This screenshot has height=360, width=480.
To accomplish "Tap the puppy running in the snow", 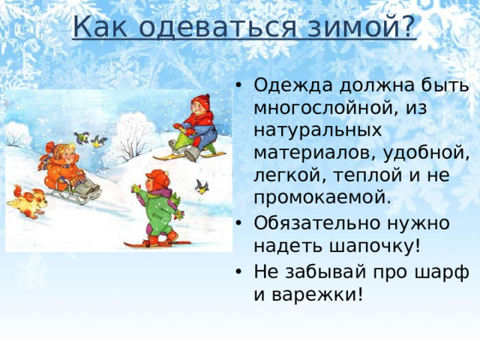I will click(26, 200).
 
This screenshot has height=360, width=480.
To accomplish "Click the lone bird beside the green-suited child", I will click(201, 184).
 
